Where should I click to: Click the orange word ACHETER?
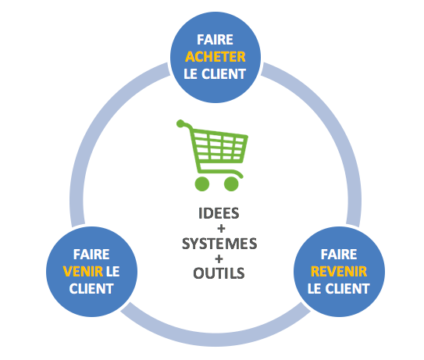pyautogui.click(x=214, y=56)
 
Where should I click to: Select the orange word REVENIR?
pyautogui.click(x=338, y=272)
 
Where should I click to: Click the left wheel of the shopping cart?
pyautogui.click(x=202, y=184)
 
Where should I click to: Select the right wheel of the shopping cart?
pyautogui.click(x=231, y=184)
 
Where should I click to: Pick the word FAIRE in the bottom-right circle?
pyautogui.click(x=338, y=255)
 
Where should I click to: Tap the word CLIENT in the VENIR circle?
pyautogui.click(x=91, y=288)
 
